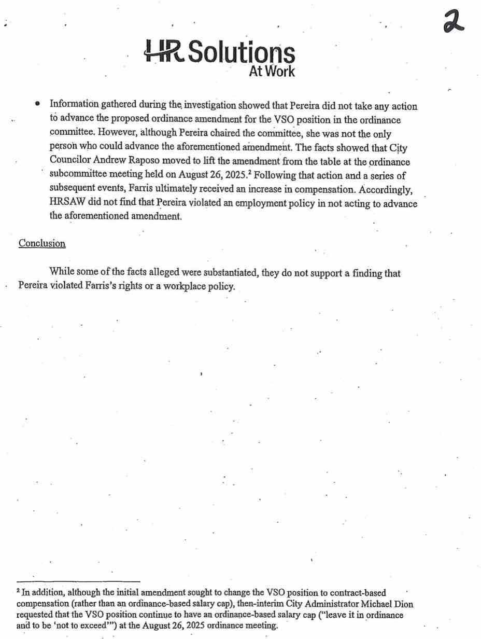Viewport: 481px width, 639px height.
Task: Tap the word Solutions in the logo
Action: click(241, 53)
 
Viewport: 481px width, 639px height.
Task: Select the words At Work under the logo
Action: click(272, 71)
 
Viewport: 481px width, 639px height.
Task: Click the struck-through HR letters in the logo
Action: click(163, 52)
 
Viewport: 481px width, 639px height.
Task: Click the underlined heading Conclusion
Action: click(42, 243)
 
